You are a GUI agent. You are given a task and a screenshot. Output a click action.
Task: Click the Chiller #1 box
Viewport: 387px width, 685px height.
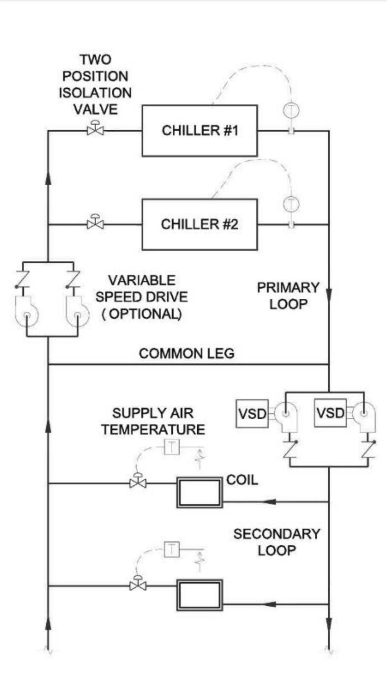[200, 131]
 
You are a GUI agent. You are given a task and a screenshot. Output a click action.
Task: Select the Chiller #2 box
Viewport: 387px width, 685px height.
[200, 224]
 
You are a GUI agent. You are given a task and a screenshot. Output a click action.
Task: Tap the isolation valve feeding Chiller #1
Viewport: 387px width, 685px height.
[95, 130]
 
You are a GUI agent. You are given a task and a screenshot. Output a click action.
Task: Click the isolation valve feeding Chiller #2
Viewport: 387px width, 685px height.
[95, 224]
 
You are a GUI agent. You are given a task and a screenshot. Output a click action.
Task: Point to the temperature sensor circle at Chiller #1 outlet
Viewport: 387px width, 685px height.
[291, 110]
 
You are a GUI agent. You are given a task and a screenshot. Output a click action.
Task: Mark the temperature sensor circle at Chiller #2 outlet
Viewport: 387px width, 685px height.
[291, 204]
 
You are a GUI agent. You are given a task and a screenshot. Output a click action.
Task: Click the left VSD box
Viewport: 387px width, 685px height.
[252, 414]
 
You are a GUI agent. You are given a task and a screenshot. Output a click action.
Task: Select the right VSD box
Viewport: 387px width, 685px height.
[330, 413]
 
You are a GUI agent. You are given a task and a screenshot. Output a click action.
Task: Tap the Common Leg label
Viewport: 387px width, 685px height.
[187, 354]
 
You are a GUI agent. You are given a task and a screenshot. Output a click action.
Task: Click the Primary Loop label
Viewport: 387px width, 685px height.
[288, 296]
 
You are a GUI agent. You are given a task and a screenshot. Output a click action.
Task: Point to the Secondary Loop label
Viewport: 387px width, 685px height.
[277, 542]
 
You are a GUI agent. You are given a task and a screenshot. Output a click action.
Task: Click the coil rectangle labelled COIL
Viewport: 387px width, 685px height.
[200, 492]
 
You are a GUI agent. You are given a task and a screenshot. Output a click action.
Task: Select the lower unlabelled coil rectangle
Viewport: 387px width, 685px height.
[200, 595]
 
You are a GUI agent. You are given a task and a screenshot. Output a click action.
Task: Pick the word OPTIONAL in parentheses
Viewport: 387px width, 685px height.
[145, 314]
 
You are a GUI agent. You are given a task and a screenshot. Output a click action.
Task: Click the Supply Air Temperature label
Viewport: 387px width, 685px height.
[153, 421]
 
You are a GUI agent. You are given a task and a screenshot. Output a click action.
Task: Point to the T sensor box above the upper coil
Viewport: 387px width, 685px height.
[172, 447]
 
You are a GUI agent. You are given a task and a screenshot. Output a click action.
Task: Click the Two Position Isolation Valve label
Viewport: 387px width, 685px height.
[95, 84]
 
